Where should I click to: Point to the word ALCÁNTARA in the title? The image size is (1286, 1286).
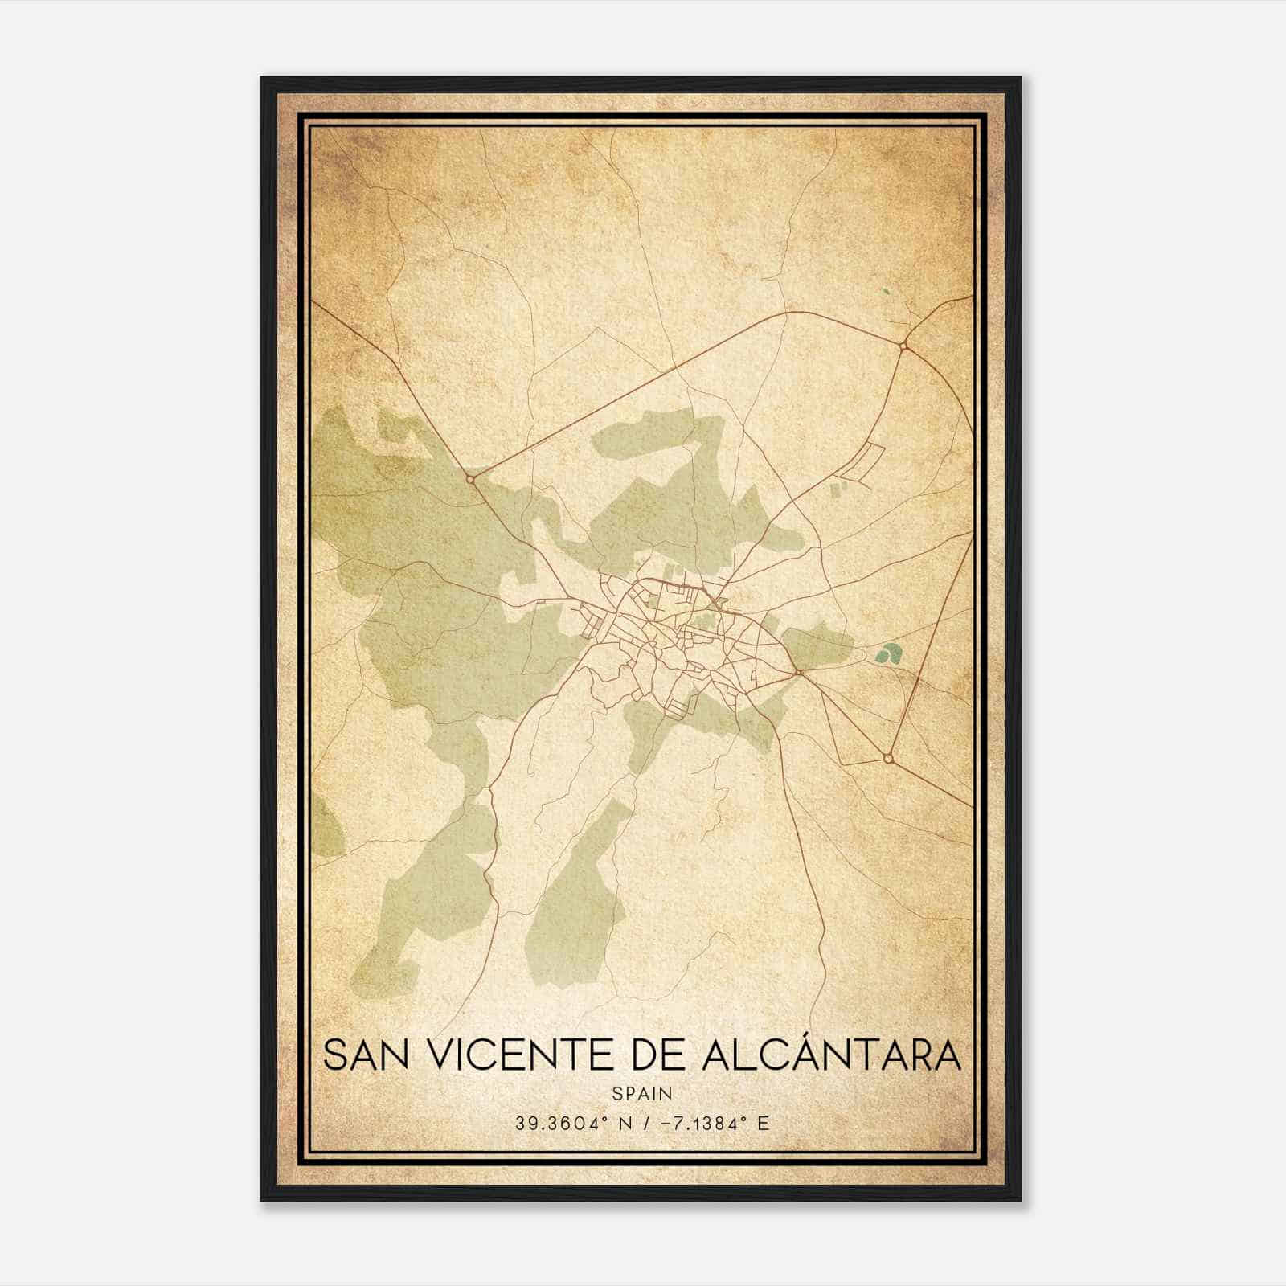coord(831,1055)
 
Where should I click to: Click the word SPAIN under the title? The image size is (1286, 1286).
coord(642,1093)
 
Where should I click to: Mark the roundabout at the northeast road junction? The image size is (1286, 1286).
coord(903,346)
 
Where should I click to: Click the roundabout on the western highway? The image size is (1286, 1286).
coord(471,478)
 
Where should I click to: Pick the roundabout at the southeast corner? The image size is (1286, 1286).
coord(887,758)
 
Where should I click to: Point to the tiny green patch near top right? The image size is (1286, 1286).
coord(886,293)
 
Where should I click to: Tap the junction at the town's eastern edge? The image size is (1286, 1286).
coord(797,670)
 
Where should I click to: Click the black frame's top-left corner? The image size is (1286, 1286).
coord(263,79)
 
